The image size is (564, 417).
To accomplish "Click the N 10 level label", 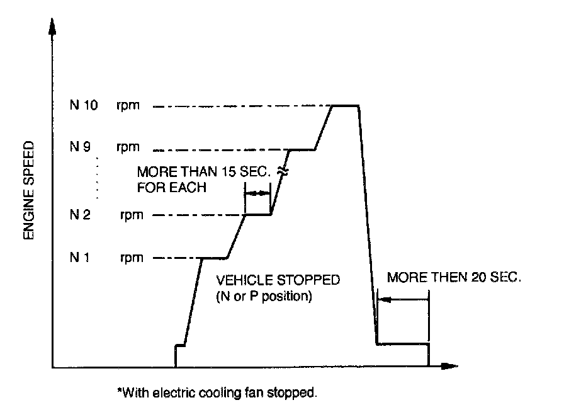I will (84, 106).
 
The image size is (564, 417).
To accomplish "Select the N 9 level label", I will (81, 147).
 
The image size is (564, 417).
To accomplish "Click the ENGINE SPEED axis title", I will (28, 191).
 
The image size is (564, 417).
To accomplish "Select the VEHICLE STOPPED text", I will (278, 280).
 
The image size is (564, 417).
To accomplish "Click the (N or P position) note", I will (264, 295).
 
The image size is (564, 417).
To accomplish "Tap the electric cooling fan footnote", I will (217, 393).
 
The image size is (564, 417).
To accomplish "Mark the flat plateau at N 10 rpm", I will (346, 106).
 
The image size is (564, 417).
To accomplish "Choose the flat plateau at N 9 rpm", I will (302, 150).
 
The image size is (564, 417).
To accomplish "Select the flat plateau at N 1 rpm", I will (213, 258).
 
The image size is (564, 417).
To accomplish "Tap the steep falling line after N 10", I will (367, 227).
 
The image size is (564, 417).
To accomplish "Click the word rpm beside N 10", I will (127, 106).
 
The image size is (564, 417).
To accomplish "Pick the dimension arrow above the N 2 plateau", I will (257, 194).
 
